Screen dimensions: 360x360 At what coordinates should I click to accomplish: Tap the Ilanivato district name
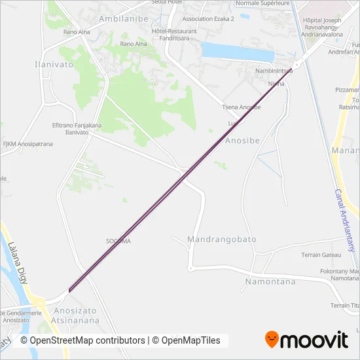(54, 65)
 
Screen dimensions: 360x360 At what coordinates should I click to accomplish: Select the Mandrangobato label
(222, 240)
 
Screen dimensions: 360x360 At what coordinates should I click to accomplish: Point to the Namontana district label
(270, 281)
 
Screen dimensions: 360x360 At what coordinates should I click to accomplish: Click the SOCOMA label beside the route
(118, 241)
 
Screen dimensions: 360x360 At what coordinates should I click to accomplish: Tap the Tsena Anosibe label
(242, 107)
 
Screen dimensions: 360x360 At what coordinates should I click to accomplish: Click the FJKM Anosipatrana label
(27, 144)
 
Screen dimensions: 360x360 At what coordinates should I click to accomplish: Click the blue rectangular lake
(235, 52)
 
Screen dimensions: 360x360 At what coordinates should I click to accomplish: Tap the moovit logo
(306, 340)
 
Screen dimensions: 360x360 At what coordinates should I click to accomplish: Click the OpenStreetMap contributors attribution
(82, 340)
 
